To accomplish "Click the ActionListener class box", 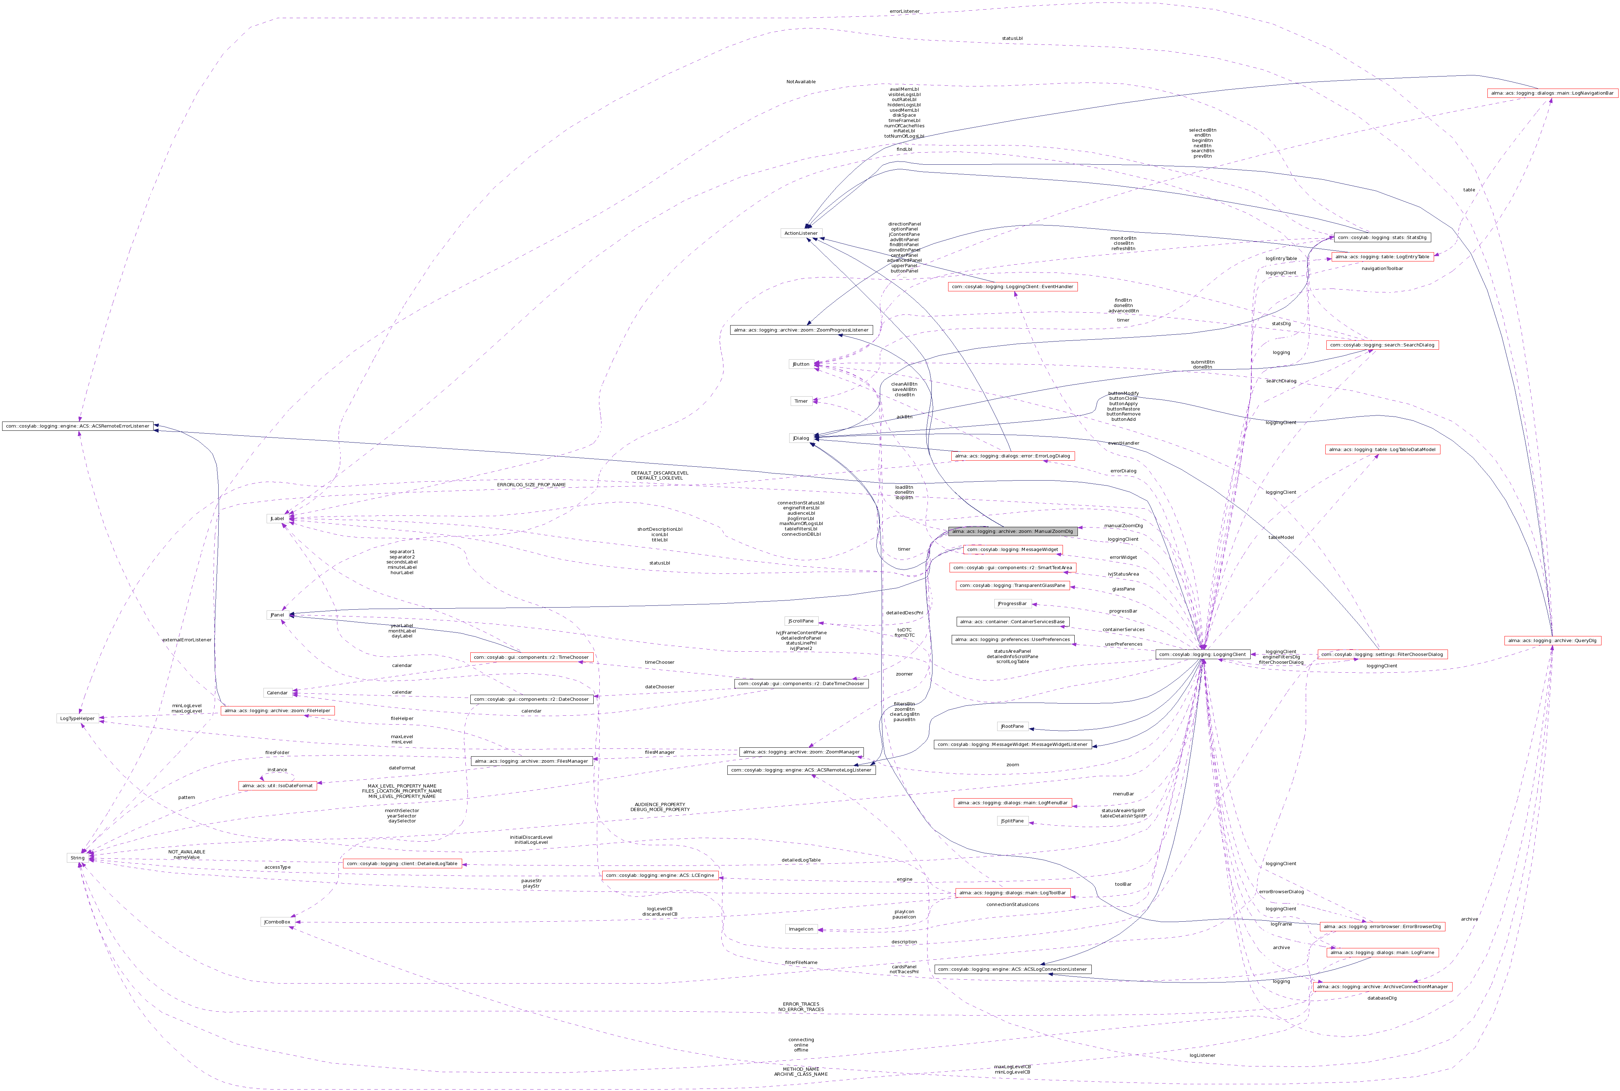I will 801,233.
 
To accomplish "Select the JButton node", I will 801,364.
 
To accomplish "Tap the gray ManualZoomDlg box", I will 1012,531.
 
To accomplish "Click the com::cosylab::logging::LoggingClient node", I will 1201,655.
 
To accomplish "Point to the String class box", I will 77,858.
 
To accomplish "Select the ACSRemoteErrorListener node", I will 77,426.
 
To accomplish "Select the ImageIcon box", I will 801,929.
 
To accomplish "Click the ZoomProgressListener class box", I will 801,330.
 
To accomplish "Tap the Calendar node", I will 277,693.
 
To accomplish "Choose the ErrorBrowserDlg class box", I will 1381,927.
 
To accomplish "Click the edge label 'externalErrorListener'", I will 186,640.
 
